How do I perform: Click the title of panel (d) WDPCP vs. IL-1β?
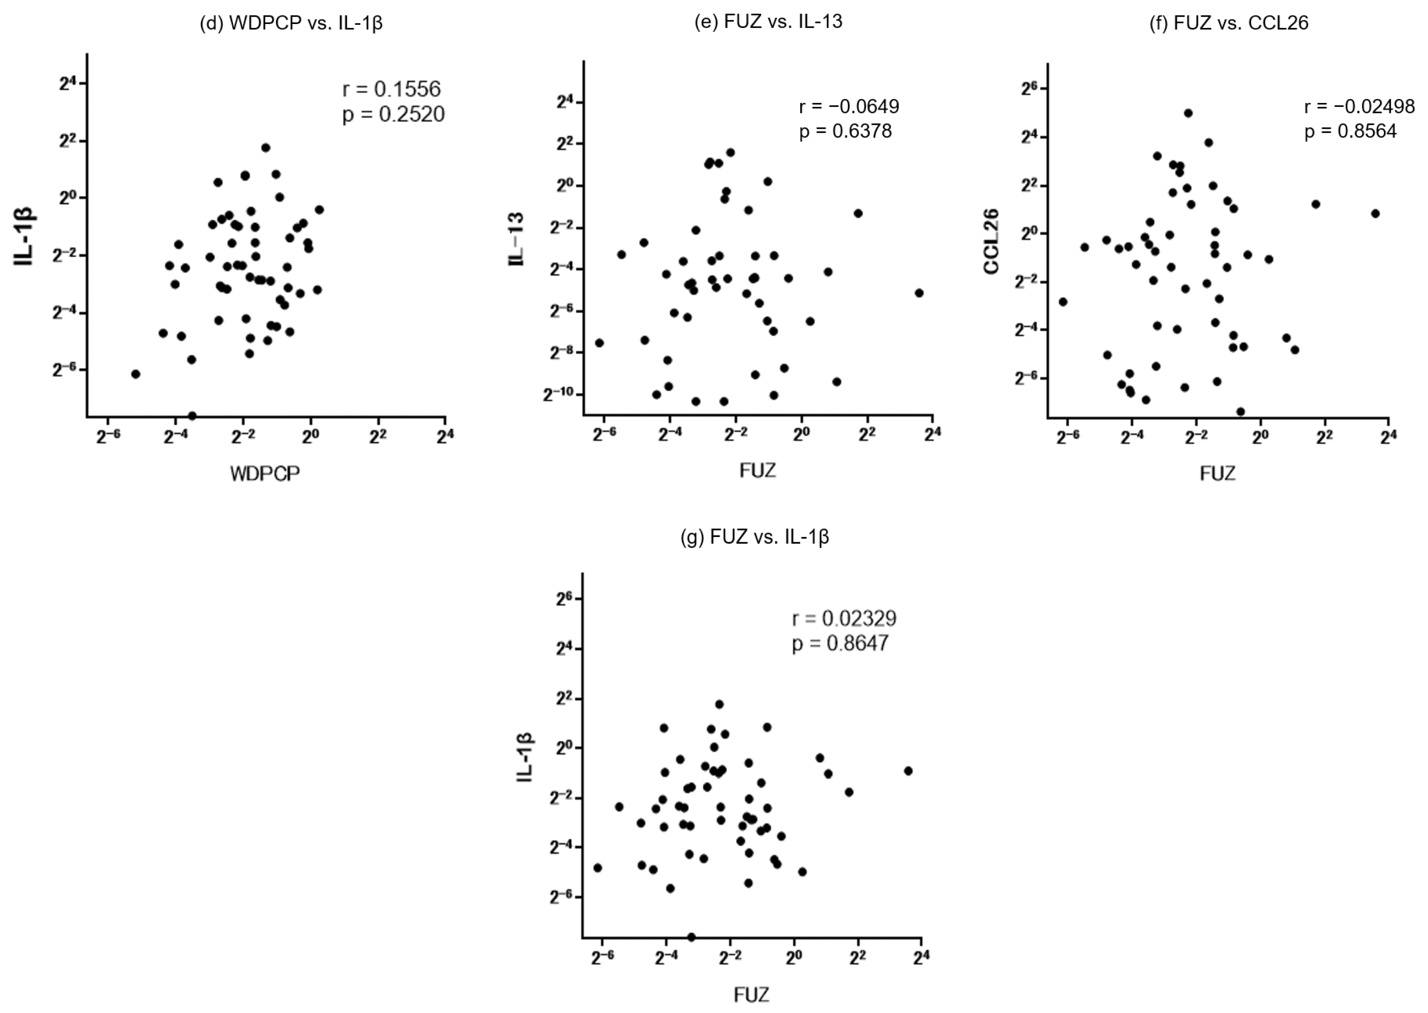tap(291, 23)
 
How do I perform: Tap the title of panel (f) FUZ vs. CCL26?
tap(1229, 23)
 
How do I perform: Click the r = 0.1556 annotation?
tap(391, 89)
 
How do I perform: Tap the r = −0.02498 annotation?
tap(1359, 107)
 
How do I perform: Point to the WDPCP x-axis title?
tap(265, 474)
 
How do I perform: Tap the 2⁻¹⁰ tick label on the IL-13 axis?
tap(558, 394)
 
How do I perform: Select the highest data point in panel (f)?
tap(1188, 113)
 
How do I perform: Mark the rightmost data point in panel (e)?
tap(918, 293)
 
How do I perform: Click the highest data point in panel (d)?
tap(266, 148)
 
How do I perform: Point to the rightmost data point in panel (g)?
tap(908, 771)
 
